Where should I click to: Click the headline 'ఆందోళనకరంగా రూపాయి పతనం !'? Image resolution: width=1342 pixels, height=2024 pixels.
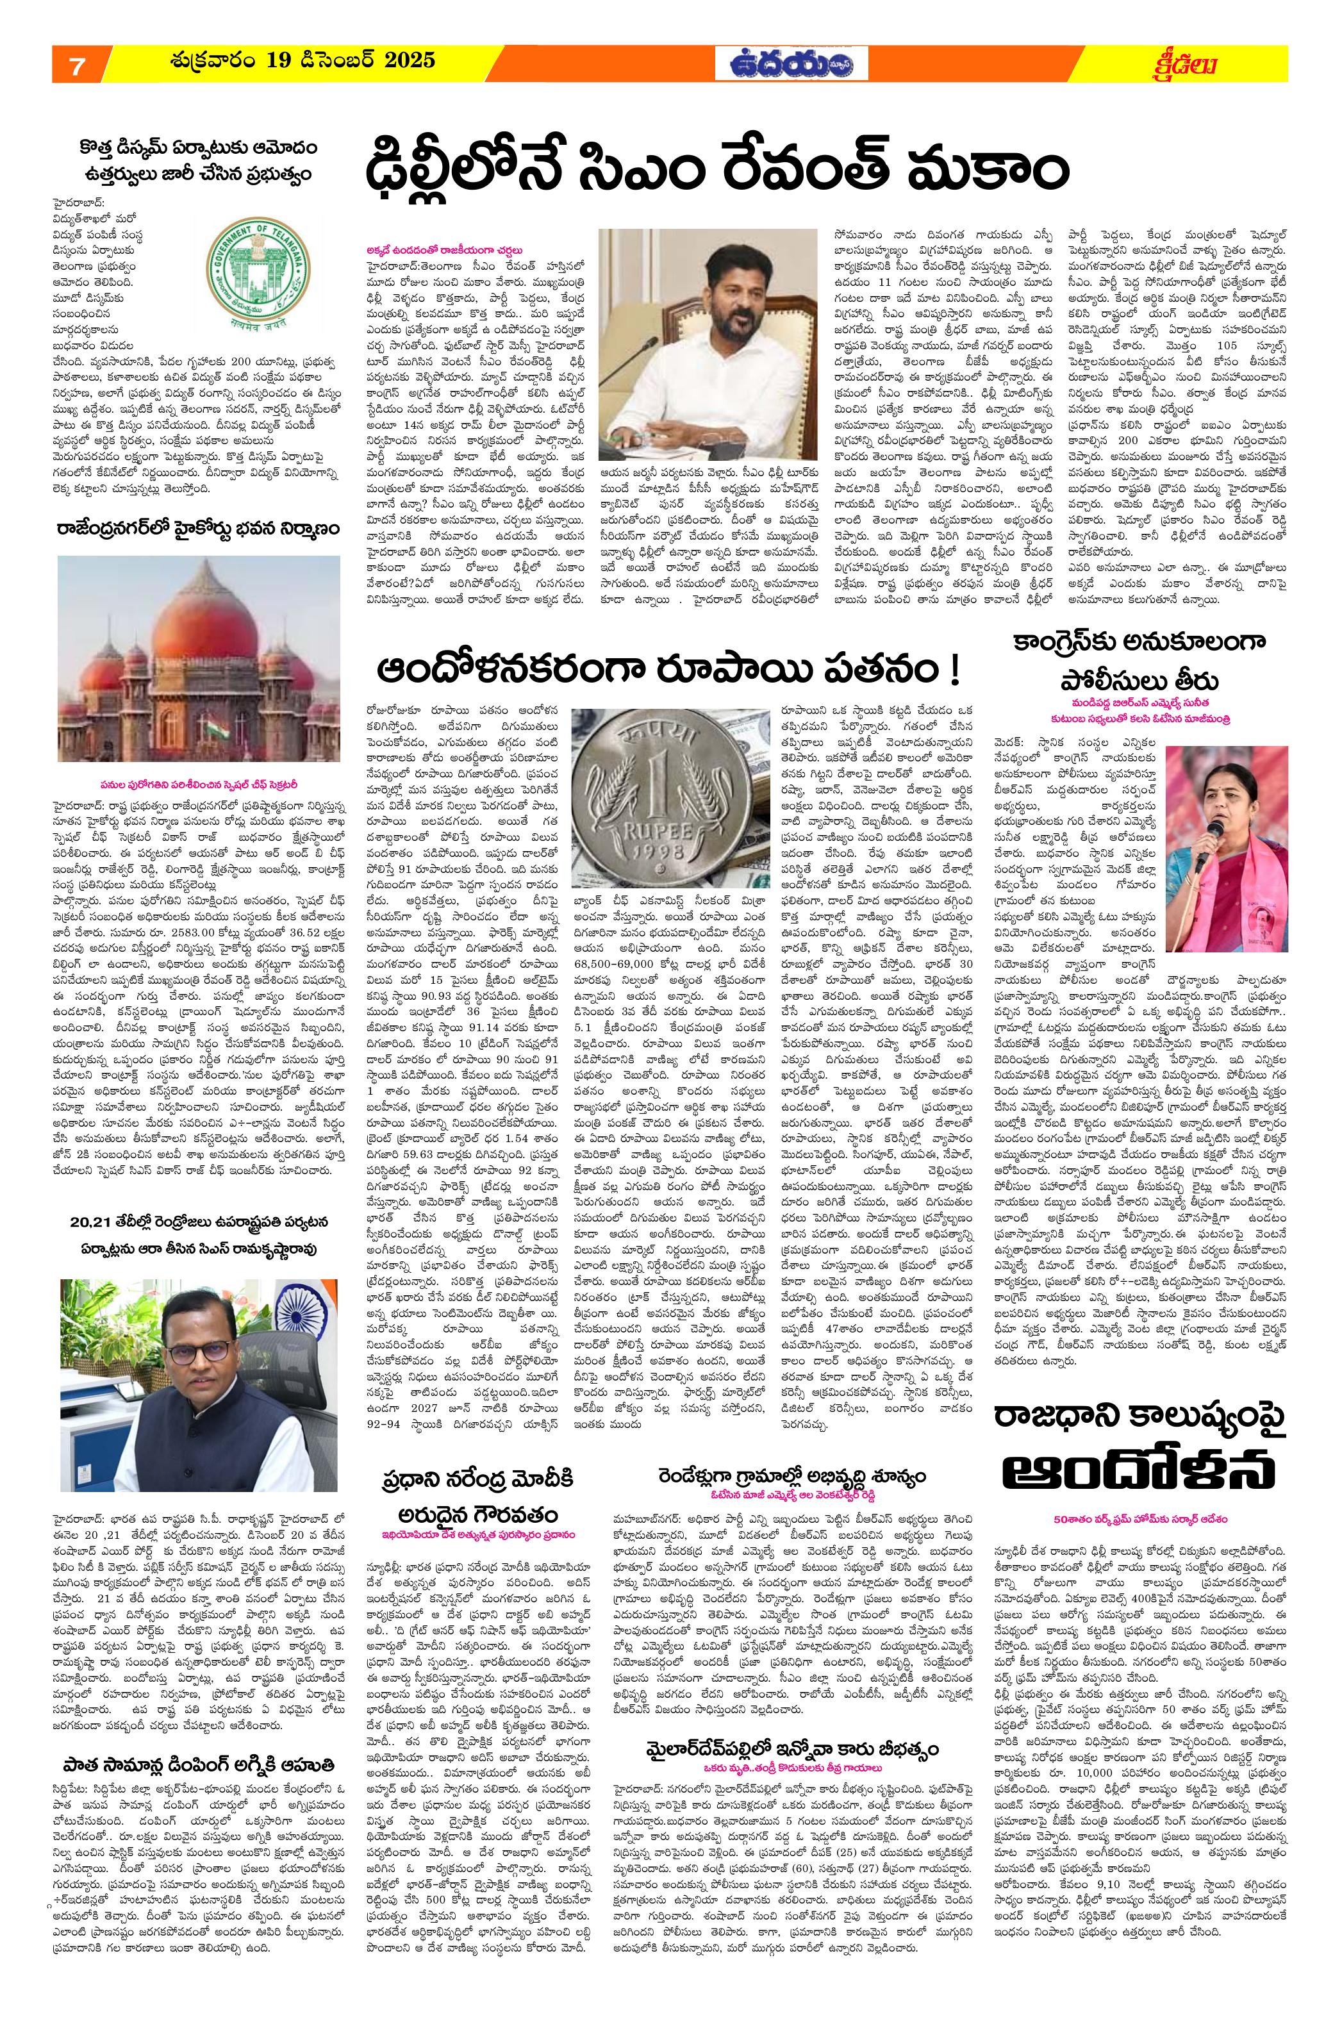(x=672, y=670)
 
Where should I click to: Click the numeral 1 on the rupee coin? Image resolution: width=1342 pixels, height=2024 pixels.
(x=658, y=804)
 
